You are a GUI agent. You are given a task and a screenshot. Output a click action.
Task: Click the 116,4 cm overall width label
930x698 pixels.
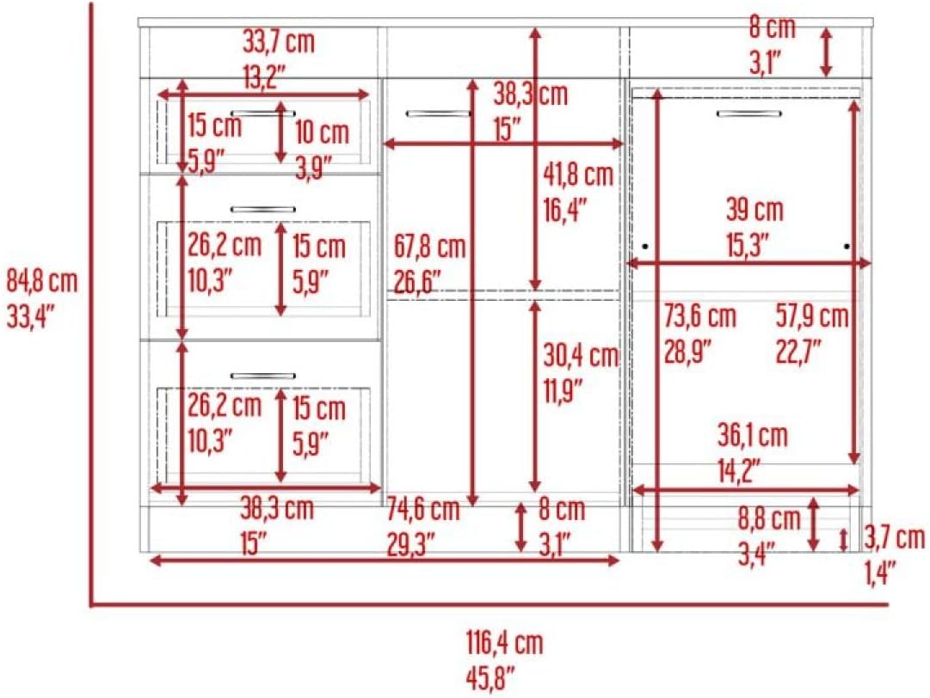pos(505,643)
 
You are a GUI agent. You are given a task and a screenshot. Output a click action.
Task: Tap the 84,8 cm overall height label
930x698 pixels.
pos(42,281)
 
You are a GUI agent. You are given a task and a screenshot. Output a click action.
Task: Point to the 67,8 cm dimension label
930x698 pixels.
pos(430,247)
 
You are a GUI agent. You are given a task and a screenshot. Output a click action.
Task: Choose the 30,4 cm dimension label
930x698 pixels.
pos(581,356)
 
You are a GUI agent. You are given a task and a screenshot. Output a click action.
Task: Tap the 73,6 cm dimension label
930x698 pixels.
pos(699,316)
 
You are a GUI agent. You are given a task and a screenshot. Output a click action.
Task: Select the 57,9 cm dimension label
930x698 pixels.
pos(812,316)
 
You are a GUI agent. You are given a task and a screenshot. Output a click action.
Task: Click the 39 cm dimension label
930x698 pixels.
pos(754,210)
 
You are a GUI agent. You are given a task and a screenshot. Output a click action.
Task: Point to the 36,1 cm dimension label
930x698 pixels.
pos(753,436)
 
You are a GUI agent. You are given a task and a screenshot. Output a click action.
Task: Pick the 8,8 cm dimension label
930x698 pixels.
pos(769,520)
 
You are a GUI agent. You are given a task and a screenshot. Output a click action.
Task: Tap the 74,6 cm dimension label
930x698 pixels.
pos(423,509)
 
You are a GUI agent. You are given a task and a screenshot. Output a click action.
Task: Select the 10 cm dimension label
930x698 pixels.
pos(322,132)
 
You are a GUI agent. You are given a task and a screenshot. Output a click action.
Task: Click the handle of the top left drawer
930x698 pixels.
pos(262,113)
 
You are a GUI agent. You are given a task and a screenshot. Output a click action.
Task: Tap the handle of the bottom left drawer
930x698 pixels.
pos(262,376)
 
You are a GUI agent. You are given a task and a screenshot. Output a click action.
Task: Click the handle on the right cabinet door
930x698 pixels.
pos(748,113)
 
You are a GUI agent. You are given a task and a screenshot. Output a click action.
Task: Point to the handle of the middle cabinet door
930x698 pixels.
pos(438,113)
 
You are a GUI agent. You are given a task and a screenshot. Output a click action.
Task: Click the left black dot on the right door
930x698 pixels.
pos(645,246)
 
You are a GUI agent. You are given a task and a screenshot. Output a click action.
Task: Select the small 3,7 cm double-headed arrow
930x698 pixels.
pos(843,540)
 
